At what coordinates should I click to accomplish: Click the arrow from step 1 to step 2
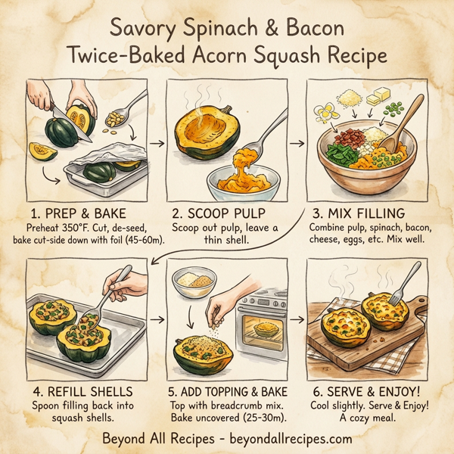pyautogui.click(x=157, y=141)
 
